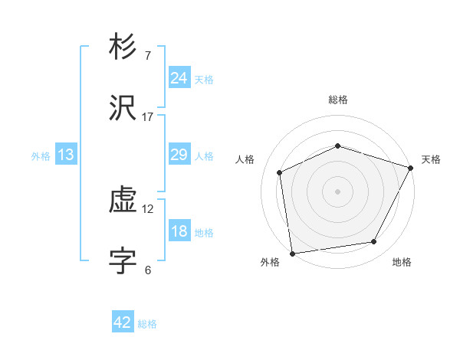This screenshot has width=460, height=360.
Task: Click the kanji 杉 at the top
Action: click(123, 48)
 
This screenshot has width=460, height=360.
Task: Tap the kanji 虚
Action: click(123, 201)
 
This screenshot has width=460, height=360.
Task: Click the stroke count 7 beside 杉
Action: click(148, 56)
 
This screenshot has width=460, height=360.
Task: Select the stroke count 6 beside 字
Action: click(148, 270)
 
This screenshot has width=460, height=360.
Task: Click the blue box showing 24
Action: click(179, 78)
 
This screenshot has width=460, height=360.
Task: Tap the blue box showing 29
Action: click(179, 155)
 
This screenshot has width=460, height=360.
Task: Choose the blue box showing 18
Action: click(179, 231)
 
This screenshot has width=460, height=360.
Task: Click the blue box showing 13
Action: click(66, 155)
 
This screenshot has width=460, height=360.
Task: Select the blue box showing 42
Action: click(123, 322)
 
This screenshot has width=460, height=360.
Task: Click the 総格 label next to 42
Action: click(147, 324)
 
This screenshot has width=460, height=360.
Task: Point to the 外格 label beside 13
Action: click(41, 156)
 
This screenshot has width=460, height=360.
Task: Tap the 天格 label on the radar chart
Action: click(431, 159)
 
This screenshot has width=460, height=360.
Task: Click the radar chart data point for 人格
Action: click(280, 172)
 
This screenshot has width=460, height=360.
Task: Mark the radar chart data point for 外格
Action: click(292, 253)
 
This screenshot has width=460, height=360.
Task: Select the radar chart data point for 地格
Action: click(374, 242)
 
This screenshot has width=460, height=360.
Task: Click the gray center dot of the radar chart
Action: click(337, 191)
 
